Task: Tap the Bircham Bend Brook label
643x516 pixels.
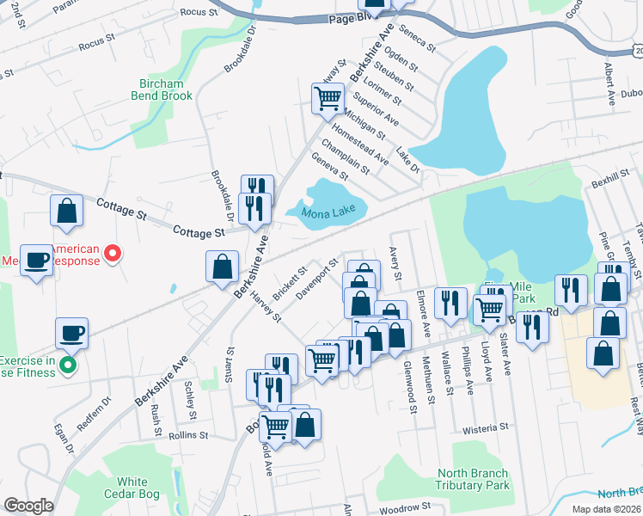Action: point(162,89)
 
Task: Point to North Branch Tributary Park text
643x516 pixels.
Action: point(473,479)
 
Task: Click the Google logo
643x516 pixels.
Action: point(28,506)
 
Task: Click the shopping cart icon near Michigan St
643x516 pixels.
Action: point(328,99)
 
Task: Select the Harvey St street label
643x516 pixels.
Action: point(266,305)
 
